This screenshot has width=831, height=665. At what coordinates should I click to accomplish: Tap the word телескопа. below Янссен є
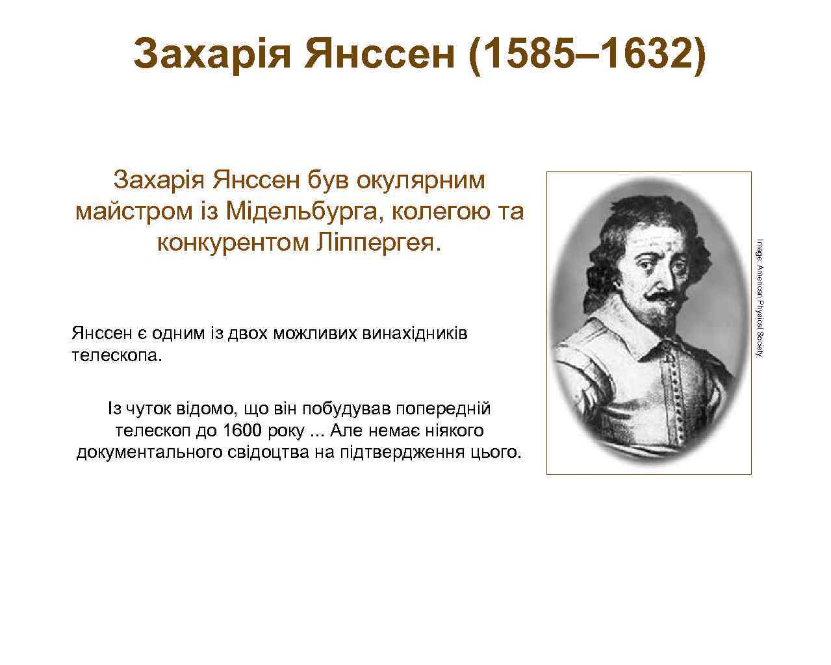114,357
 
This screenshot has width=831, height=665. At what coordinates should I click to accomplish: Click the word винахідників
412,334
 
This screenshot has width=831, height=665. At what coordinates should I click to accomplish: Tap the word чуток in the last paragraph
146,409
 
